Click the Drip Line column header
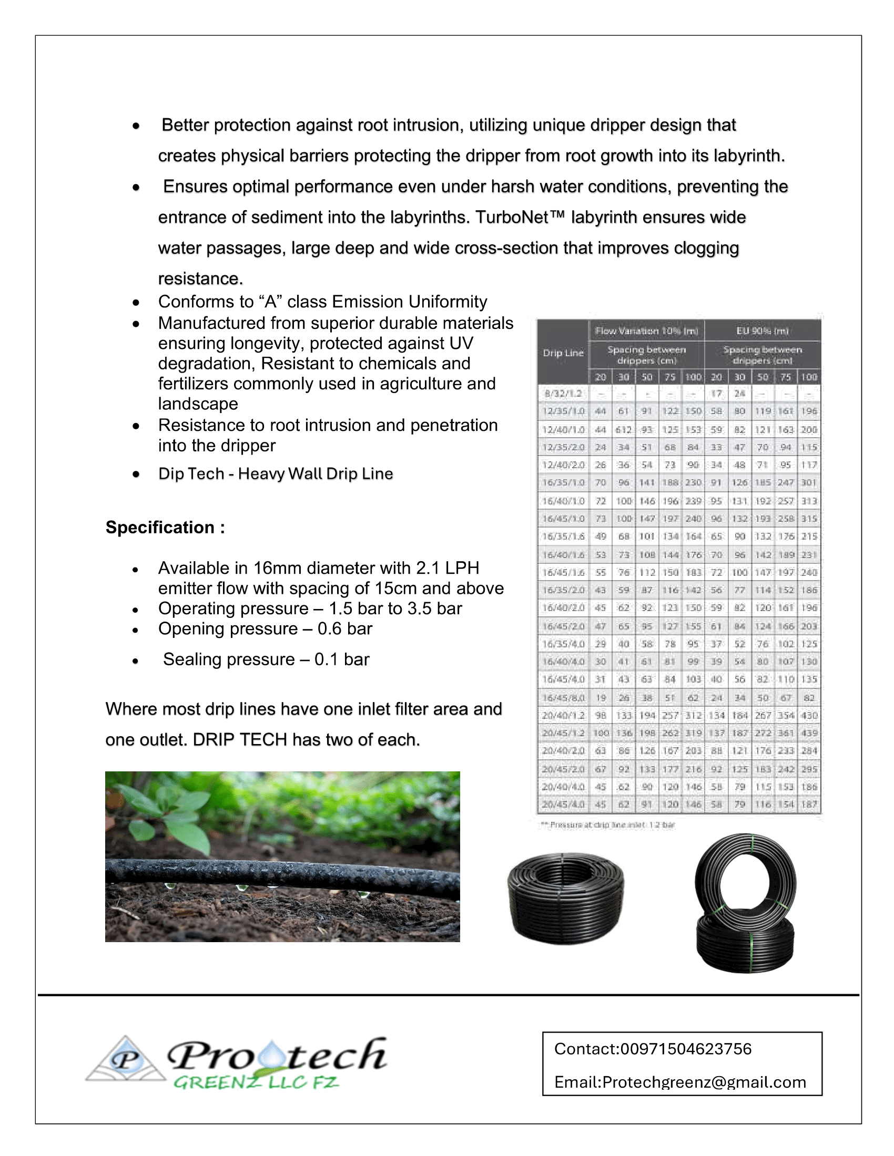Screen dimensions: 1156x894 tap(563, 353)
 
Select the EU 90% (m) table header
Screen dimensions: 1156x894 tap(762, 331)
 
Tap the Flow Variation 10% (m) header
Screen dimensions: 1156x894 tap(646, 331)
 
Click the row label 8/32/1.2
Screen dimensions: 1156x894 tap(563, 393)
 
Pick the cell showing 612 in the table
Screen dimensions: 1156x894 tap(623, 429)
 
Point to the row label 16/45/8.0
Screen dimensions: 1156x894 tap(563, 698)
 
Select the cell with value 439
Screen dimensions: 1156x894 tap(809, 733)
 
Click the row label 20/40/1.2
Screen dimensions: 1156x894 tap(563, 716)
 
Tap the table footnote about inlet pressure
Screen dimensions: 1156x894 tap(607, 824)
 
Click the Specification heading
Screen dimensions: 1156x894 tap(165, 527)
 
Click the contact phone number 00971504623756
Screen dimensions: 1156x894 tap(685, 1049)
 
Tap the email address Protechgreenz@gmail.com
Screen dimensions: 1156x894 tap(704, 1082)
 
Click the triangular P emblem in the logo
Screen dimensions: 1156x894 tap(126, 1060)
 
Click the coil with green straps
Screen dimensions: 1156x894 tap(746, 903)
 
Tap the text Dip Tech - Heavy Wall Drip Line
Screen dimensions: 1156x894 tap(276, 473)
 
